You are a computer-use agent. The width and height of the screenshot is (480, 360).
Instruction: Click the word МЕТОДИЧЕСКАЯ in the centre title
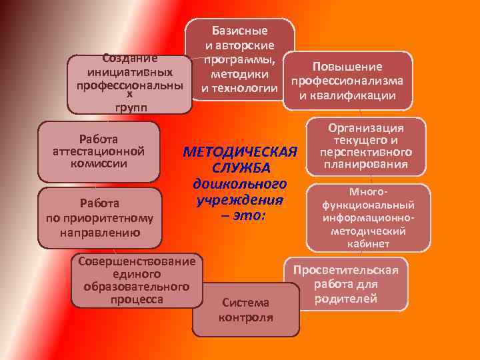pos(239,151)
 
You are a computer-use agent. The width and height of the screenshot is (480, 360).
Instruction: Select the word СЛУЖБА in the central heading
pos(239,167)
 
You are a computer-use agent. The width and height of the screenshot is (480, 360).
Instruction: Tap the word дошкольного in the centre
pos(239,183)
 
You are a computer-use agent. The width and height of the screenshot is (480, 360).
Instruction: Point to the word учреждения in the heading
pos(239,199)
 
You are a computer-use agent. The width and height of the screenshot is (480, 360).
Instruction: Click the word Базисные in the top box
pos(239,31)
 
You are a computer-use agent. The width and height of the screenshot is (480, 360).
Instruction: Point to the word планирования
pos(367,165)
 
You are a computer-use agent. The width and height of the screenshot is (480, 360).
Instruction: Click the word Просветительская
pos(345,270)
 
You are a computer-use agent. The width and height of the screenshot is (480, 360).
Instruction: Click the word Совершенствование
pos(137,261)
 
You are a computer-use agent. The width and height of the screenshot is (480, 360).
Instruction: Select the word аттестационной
pos(99,151)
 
